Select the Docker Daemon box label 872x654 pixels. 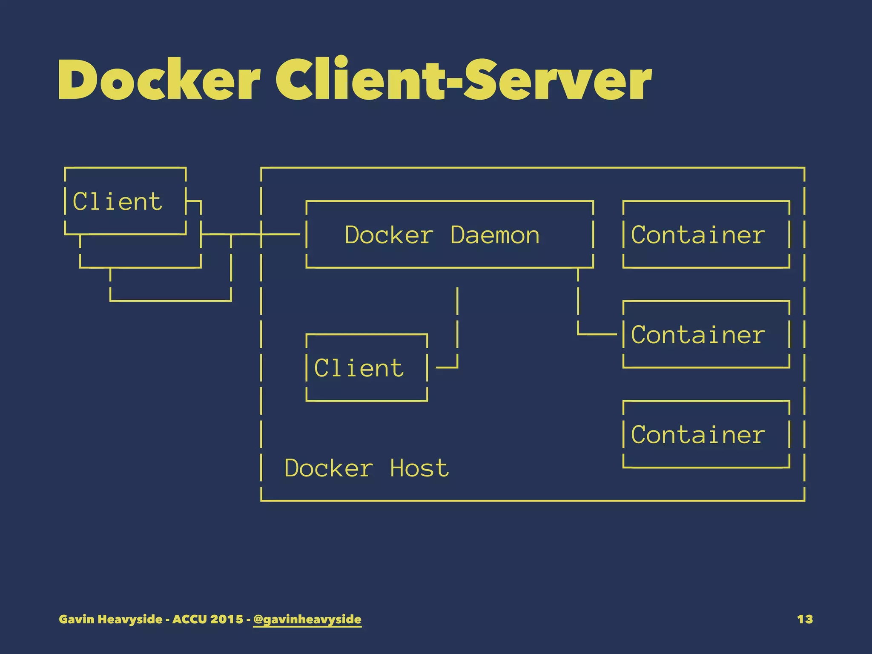point(442,235)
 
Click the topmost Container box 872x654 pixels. point(706,235)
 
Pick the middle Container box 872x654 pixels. point(706,335)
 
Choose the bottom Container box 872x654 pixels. point(706,435)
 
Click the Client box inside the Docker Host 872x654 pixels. point(366,368)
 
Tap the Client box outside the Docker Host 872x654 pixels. point(125,201)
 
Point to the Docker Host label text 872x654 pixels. point(366,468)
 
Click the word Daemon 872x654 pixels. point(495,235)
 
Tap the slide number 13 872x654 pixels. point(805,619)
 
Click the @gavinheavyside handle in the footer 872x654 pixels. point(307,619)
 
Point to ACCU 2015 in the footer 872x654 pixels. point(207,619)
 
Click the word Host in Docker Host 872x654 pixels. point(419,468)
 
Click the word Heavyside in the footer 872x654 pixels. point(130,619)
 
